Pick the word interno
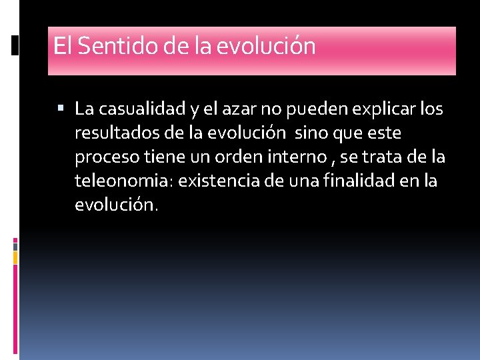[x=304, y=157]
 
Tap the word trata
[x=387, y=157]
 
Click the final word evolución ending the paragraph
[x=116, y=205]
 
